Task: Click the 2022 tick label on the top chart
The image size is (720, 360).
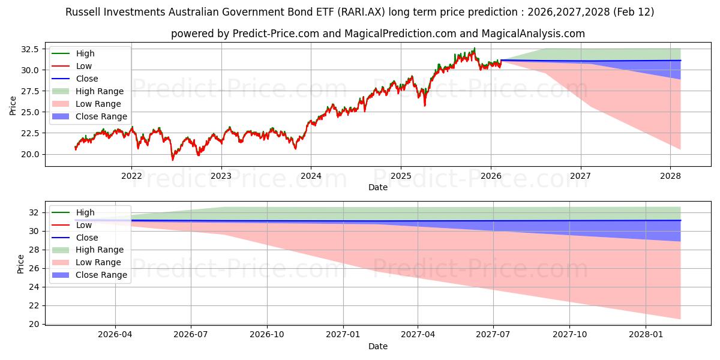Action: [x=131, y=176]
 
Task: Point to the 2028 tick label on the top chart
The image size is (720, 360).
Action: [x=670, y=176]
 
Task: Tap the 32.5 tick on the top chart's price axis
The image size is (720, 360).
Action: [x=30, y=49]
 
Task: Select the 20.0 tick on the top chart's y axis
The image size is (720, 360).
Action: [x=30, y=154]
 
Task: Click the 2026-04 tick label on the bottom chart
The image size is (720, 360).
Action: [x=115, y=335]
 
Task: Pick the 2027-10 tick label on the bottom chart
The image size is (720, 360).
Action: [x=570, y=335]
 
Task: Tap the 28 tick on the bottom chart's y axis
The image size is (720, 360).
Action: [x=34, y=250]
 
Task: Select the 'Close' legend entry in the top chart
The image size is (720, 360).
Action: [x=87, y=79]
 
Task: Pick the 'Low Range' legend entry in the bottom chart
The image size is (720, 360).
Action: [x=98, y=262]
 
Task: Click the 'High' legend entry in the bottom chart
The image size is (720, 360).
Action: [x=85, y=212]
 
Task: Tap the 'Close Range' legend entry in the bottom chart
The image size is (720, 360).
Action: [x=101, y=275]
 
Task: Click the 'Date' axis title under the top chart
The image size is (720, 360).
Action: [x=378, y=187]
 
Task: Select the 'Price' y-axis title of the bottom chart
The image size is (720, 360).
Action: [x=20, y=264]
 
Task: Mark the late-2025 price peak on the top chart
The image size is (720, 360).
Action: [x=475, y=48]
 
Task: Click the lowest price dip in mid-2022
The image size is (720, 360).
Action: [x=173, y=160]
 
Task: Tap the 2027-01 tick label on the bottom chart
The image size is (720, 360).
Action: [x=343, y=335]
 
